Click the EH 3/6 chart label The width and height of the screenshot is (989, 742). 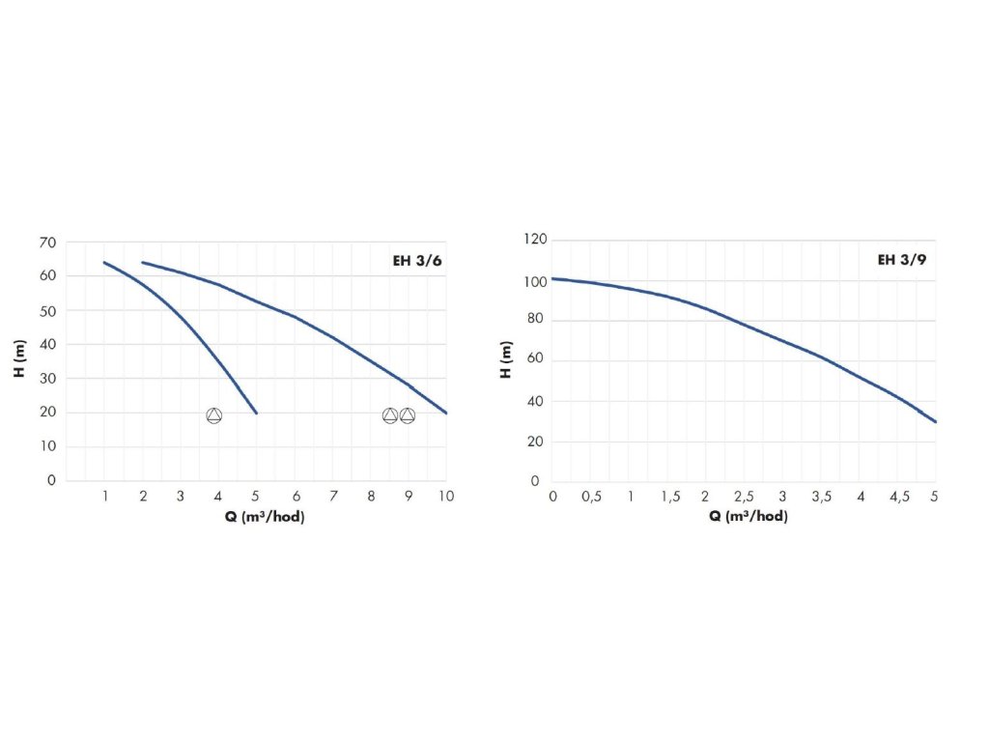click(418, 260)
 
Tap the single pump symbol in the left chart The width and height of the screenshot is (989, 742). click(213, 415)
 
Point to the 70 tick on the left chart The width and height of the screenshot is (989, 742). click(47, 243)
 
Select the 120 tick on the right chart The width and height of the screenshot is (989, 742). click(535, 240)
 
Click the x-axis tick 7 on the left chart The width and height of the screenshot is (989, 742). click(332, 496)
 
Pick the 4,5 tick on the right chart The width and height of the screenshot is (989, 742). click(898, 496)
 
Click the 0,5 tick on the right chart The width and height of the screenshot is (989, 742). click(591, 496)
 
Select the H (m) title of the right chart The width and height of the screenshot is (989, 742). click(505, 360)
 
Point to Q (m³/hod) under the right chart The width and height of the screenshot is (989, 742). click(749, 516)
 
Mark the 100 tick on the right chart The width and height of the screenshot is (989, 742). click(535, 280)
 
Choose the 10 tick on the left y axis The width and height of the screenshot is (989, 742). click(47, 446)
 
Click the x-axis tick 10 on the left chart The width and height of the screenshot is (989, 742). click(446, 496)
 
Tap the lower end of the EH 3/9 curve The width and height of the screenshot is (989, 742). click(936, 421)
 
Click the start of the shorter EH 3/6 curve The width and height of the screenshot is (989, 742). click(104, 262)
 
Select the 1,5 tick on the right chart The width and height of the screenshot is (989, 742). click(668, 496)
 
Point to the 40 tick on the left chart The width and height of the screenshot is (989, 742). click(47, 344)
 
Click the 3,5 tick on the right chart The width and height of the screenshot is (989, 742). click(822, 496)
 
